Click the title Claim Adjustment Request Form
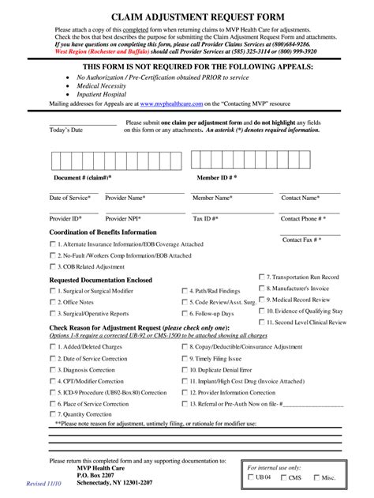pos(187,16)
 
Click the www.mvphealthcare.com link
pos(169,103)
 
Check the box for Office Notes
pos(53,302)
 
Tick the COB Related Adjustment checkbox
pos(53,267)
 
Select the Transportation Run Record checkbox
pos(261,277)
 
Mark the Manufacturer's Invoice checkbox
pos(261,288)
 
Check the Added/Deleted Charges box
pos(53,347)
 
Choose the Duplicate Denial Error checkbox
pos(185,369)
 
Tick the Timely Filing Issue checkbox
pos(185,358)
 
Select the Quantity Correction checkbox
pos(53,413)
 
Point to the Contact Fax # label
pos(302,239)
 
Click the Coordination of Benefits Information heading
pos(103,232)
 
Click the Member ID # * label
pos(216,178)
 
